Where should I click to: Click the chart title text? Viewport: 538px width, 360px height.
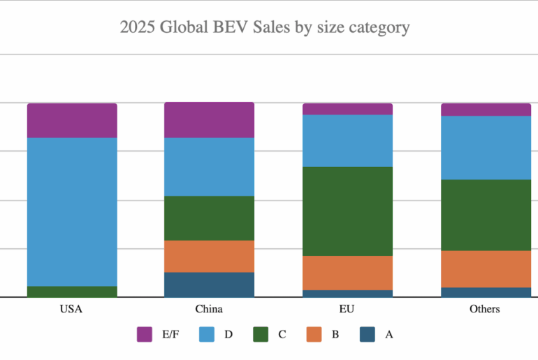point(264,28)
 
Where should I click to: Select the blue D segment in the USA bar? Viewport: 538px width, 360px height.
point(72,211)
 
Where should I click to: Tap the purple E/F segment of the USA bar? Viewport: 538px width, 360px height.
point(72,120)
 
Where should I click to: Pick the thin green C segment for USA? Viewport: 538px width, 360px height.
point(72,291)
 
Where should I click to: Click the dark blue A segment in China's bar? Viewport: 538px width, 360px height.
point(209,285)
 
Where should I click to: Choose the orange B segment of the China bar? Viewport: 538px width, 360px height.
point(209,256)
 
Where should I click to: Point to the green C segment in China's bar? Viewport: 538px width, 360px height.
point(209,218)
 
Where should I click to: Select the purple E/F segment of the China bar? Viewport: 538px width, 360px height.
point(209,120)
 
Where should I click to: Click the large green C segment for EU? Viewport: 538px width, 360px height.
point(347,211)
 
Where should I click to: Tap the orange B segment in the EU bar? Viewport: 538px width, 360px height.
point(347,273)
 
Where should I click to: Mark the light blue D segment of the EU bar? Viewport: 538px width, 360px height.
point(347,141)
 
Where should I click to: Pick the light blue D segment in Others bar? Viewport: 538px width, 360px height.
point(486,147)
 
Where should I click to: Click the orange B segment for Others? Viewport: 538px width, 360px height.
point(486,268)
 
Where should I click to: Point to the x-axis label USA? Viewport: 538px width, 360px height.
point(72,309)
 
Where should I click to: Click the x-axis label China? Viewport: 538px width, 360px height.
point(209,309)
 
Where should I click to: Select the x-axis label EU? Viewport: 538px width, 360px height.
point(347,309)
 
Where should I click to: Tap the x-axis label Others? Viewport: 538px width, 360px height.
point(485,309)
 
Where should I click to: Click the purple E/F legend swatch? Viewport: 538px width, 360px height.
point(145,334)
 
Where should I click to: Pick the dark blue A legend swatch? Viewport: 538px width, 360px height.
point(368,334)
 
